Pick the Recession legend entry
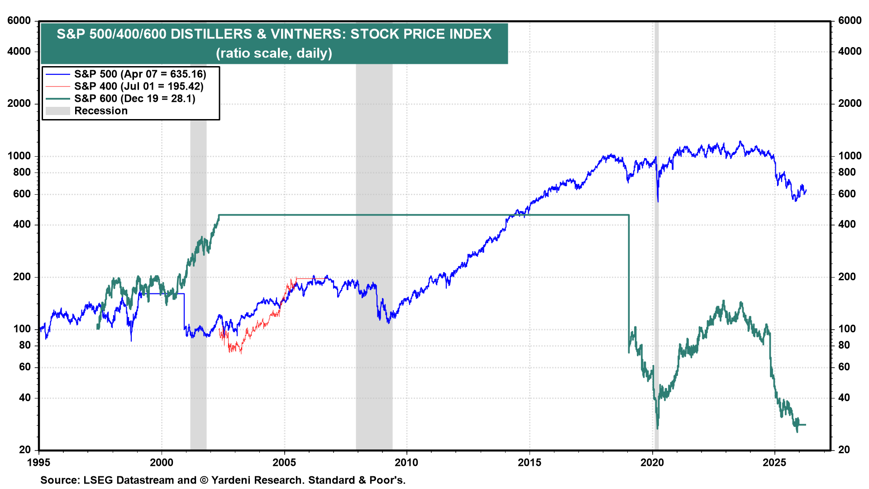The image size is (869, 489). point(100,111)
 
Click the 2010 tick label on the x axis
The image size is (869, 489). point(406,462)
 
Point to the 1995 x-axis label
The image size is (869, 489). point(39,462)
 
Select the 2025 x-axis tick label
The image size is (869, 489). point(775,462)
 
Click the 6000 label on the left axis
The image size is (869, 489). point(19,21)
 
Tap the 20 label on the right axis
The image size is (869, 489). point(844,450)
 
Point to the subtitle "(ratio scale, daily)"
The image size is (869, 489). point(274,53)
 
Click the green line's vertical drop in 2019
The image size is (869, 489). point(629,281)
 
